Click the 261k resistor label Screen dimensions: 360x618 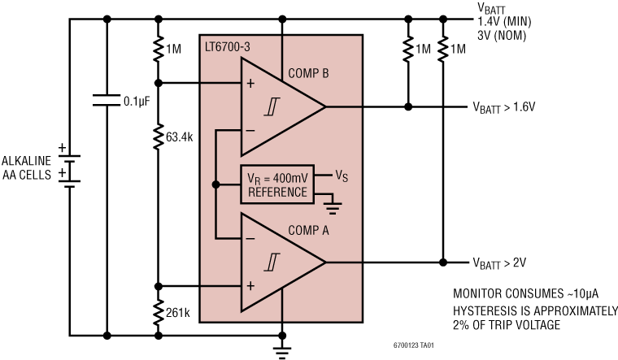pyautogui.click(x=176, y=312)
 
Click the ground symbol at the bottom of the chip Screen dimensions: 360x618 pyautogui.click(x=282, y=349)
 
